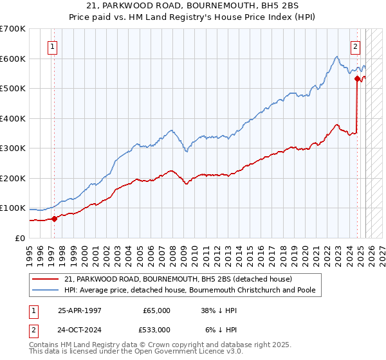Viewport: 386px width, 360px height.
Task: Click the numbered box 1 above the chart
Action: pos(51,46)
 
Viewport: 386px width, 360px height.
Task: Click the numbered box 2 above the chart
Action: pos(355,46)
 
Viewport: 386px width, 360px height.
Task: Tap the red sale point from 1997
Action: pos(55,219)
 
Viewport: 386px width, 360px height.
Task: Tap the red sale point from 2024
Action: pos(357,79)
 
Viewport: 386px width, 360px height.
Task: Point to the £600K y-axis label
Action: pos(13,59)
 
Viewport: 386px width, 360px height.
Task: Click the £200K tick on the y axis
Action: pos(13,178)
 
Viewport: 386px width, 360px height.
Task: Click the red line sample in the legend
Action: pos(46,279)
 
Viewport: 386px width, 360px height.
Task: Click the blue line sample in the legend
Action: pos(46,290)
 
